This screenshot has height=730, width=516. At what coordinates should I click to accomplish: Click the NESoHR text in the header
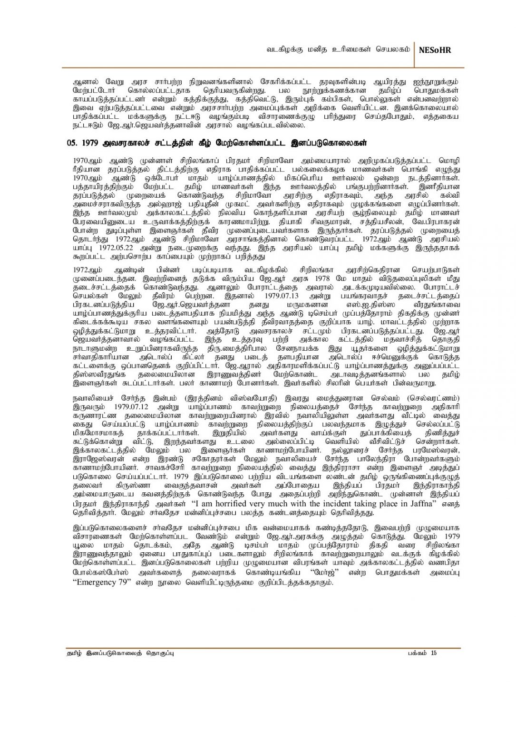click(435, 50)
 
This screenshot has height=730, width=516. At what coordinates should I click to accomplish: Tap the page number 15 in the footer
click(433, 653)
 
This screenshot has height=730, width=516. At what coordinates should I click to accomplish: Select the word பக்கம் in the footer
click(417, 653)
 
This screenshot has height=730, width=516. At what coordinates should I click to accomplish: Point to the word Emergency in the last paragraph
click(97, 583)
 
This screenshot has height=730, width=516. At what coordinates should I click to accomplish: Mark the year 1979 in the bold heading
click(90, 143)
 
